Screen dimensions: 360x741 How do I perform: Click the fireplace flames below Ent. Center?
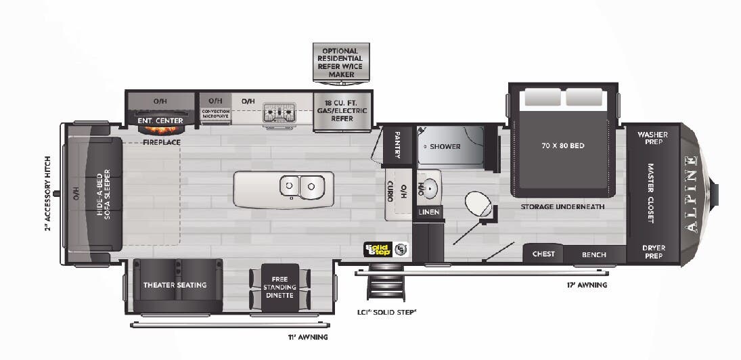click(x=161, y=130)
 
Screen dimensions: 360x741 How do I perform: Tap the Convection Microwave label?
click(x=216, y=114)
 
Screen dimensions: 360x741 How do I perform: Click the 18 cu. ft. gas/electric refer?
click(x=342, y=110)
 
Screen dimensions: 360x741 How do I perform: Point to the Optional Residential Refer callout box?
click(x=342, y=62)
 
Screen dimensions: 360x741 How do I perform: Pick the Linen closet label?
click(x=429, y=212)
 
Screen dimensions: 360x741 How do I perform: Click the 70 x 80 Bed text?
click(x=563, y=145)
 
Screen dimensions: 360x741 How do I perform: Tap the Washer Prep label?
click(x=652, y=138)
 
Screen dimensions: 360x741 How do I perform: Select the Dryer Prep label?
click(x=653, y=252)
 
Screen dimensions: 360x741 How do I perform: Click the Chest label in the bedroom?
click(x=543, y=254)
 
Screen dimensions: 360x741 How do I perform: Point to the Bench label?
click(x=594, y=254)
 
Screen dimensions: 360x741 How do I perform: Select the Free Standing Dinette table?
click(x=280, y=287)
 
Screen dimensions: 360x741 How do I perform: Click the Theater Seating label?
click(x=175, y=285)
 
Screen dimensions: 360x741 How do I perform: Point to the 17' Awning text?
click(x=586, y=286)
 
